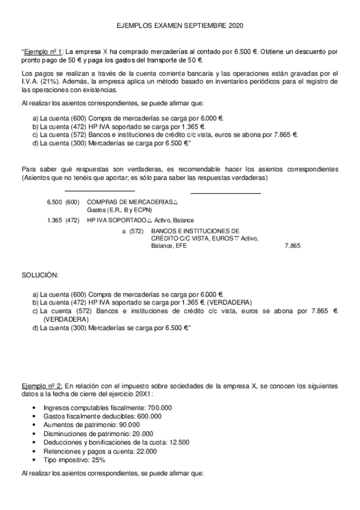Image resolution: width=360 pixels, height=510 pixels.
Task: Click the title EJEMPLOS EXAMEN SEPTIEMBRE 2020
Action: tap(180, 27)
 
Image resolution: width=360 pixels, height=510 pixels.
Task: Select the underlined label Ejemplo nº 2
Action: tap(41, 384)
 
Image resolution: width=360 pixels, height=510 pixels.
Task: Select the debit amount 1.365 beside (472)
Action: tap(53, 220)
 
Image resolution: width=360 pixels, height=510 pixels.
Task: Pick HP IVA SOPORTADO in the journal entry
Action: tap(116, 220)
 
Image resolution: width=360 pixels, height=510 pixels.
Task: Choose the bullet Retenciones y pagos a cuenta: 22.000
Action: tap(100, 451)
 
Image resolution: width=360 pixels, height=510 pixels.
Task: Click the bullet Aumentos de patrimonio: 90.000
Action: tap(93, 425)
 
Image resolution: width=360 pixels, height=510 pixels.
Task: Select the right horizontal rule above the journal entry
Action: tap(225, 193)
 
